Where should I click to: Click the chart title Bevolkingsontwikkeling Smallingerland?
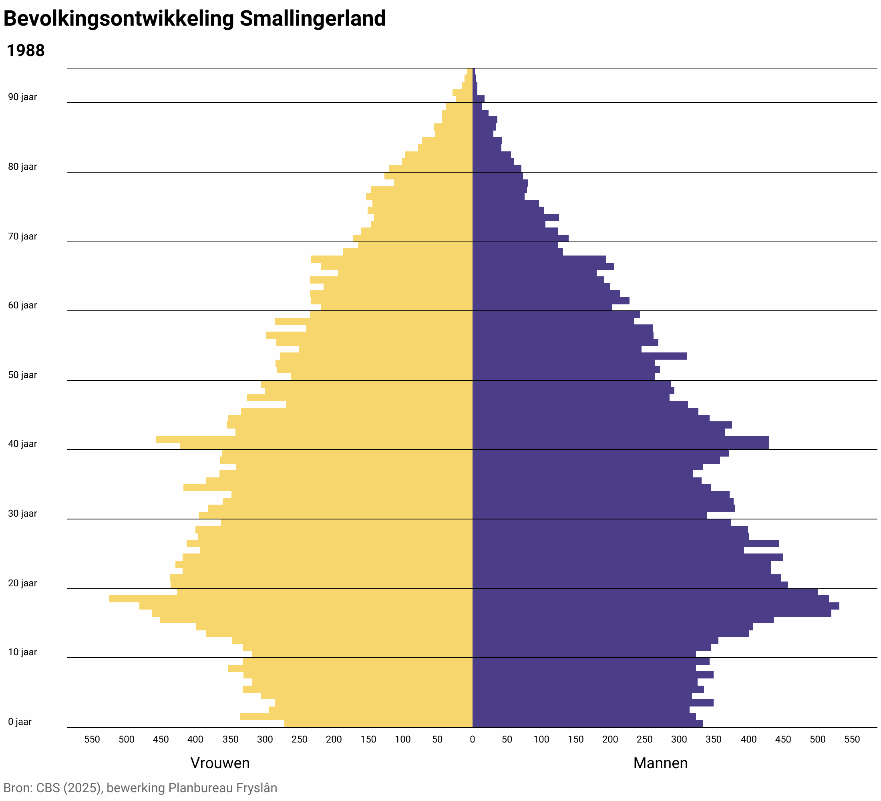[195, 19]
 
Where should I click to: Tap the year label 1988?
[26, 51]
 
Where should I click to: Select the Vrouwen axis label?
[220, 763]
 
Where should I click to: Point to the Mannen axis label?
[660, 763]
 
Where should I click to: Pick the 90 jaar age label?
[22, 97]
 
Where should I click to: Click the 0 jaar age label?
[20, 721]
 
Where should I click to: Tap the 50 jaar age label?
[22, 375]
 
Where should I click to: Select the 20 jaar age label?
[22, 583]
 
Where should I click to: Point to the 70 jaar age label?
[22, 236]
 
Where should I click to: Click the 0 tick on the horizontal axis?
[472, 739]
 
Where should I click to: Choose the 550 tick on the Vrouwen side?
[92, 739]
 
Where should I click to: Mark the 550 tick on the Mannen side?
[852, 739]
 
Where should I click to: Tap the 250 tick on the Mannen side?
[645, 739]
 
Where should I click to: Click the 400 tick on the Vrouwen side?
[195, 739]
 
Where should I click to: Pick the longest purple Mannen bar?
[656, 606]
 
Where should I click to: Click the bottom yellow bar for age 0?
[378, 724]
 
